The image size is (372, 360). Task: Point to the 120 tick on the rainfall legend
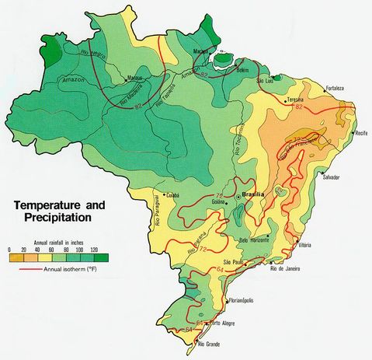95,249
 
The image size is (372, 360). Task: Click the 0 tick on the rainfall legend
9,249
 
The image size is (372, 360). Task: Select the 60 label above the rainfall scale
52,249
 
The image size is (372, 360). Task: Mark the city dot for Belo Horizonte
269,235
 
